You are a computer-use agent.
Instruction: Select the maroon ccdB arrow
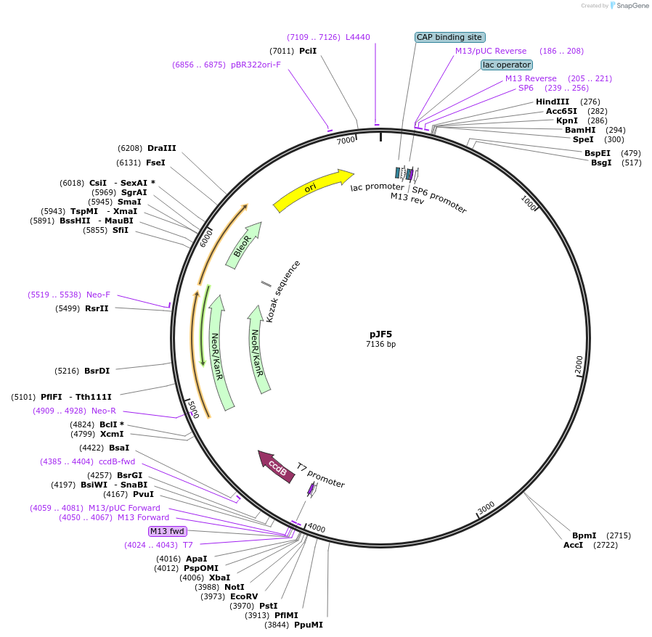point(277,465)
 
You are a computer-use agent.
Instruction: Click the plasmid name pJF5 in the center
point(380,334)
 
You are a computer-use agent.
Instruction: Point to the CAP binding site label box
point(449,37)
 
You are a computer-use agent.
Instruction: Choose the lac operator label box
point(506,65)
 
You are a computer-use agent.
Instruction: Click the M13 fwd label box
point(167,531)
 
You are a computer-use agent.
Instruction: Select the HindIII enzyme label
point(553,102)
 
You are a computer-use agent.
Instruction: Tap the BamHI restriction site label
point(580,130)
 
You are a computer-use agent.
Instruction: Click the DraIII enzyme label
point(161,148)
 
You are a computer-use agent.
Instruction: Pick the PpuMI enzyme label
point(309,625)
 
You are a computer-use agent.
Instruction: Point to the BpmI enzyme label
point(584,535)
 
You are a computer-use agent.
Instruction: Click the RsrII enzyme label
point(97,308)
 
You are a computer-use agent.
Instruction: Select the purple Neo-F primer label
point(98,295)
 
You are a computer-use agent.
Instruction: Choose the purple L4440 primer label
point(357,37)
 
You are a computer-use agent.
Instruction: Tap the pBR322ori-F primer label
point(256,65)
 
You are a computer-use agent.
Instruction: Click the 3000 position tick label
point(486,506)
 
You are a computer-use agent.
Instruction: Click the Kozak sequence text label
point(282,291)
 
